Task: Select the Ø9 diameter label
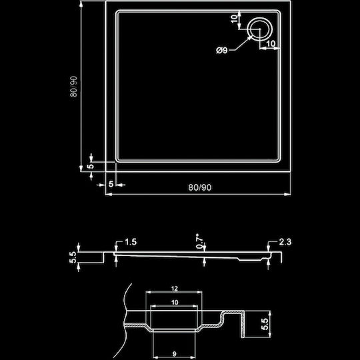point(221,50)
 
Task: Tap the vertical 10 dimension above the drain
point(234,19)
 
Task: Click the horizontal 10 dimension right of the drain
point(271,43)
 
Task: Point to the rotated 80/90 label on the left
point(74,87)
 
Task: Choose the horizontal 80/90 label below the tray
point(200,187)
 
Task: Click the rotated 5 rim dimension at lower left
point(91,166)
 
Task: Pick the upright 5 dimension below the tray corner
point(111,184)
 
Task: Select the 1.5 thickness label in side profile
point(131,242)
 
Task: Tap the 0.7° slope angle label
point(199,241)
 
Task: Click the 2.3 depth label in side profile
point(285,242)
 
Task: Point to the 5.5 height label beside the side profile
point(73,257)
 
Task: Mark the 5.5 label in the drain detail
point(265,324)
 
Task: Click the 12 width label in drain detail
point(175,289)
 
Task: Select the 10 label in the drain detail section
point(175,303)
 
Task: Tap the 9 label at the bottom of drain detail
point(174,354)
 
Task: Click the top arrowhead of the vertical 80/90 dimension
point(81,4)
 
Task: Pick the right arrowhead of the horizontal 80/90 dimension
point(287,194)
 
